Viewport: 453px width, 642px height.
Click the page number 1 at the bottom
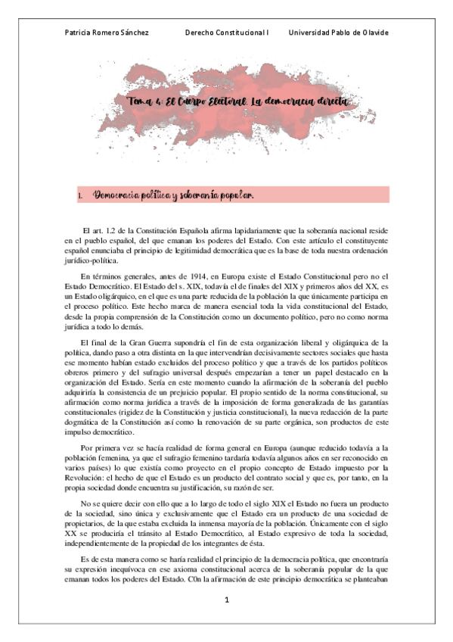point(225,600)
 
